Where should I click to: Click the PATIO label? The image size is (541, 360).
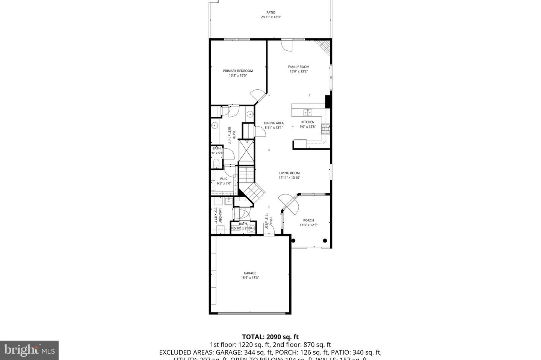pos(271,12)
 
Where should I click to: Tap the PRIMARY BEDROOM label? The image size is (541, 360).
pos(238,71)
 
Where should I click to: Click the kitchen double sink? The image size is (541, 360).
pos(308,112)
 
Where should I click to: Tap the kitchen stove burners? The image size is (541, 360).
pos(325,129)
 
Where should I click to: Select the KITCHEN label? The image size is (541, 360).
pos(308,122)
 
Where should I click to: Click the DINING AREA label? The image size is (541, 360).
pos(274,123)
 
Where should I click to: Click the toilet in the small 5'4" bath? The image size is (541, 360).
pos(216,163)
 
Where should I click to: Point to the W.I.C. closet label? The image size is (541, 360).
pos(224,179)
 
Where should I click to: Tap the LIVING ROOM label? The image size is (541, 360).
pos(289,173)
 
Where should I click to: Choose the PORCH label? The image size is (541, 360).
pos(308,220)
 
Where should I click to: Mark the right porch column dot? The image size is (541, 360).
pos(325,241)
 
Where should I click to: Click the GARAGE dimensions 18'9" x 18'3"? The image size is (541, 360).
pos(250,278)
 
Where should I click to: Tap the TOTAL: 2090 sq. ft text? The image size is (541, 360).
pos(270,337)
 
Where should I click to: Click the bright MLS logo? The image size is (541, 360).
pos(29,350)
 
